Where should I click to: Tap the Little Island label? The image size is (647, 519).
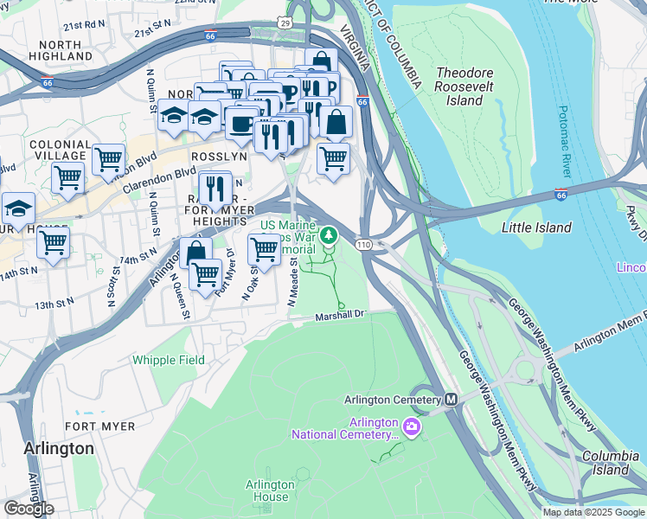537,227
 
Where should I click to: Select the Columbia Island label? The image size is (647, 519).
605,463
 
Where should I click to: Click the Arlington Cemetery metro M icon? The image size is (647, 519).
450,400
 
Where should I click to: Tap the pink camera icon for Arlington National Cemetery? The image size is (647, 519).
412,427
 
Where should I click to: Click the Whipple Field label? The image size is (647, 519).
168,360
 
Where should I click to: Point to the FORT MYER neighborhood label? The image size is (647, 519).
99,426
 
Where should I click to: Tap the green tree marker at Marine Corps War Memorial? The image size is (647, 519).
328,234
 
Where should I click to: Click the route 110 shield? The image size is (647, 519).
364,245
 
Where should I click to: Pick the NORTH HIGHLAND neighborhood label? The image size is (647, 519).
60,50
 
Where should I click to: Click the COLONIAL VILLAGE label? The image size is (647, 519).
61,151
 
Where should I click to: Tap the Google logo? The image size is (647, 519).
29,508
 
